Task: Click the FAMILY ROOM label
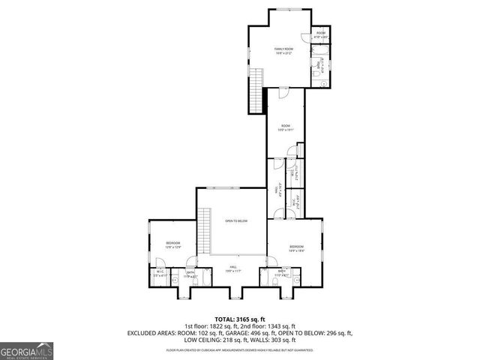point(282,50)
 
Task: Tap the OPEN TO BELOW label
point(236,221)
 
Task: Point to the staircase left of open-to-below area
point(204,232)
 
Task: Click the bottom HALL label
point(233,267)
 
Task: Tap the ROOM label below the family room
point(285,126)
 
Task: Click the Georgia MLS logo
point(25,350)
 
